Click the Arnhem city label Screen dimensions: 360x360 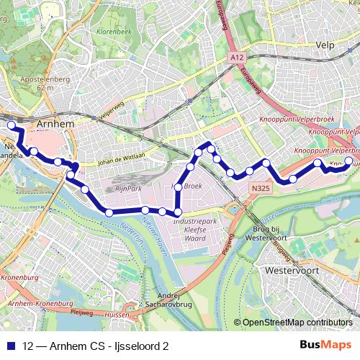[x=55, y=124]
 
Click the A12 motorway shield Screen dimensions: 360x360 [x=238, y=55]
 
